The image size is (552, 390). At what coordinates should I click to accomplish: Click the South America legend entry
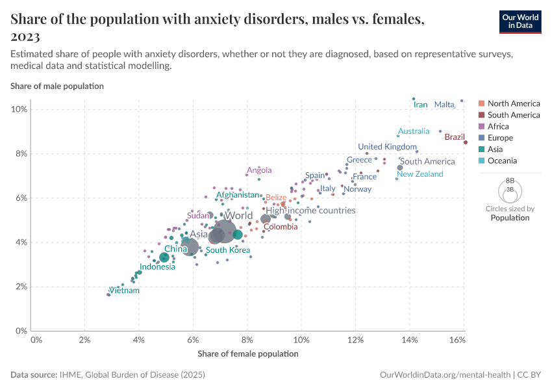point(513,115)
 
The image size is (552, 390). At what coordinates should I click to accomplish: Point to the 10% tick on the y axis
point(19,109)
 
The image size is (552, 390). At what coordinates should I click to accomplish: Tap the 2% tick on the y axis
point(21,287)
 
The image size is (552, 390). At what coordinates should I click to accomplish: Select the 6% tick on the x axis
point(193,341)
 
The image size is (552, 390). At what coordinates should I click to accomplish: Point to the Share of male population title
point(56,86)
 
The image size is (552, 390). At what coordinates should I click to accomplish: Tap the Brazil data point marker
point(465,142)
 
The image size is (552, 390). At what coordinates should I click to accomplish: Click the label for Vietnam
point(125,291)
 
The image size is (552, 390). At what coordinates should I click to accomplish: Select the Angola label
point(258,171)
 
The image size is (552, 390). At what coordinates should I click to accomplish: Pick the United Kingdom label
point(387,147)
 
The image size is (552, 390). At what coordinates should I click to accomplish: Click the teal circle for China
point(164,257)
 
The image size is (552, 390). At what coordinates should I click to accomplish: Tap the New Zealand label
point(420,174)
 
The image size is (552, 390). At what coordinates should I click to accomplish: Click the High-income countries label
point(310,211)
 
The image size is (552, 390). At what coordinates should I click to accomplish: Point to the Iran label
point(420,105)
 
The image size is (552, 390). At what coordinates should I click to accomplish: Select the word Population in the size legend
point(509,218)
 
